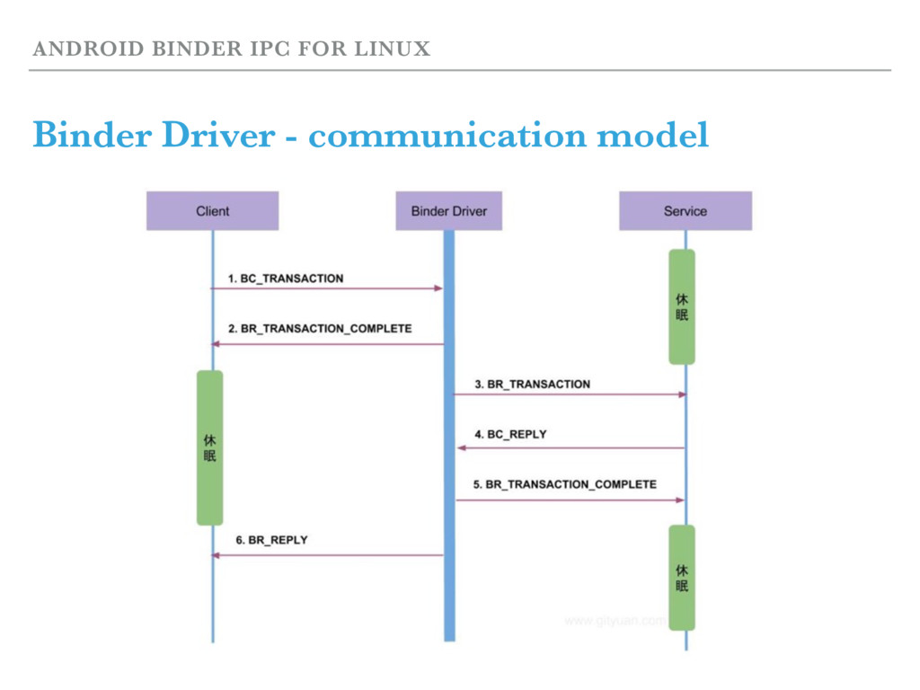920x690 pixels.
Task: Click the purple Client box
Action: pyautogui.click(x=213, y=211)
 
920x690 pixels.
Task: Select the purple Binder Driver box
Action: pyautogui.click(x=448, y=211)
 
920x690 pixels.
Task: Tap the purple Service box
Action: pyautogui.click(x=685, y=211)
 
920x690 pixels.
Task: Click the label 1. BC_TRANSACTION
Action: pyautogui.click(x=285, y=279)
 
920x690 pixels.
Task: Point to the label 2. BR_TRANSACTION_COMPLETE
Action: pyautogui.click(x=318, y=329)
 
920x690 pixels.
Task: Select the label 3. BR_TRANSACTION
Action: pyautogui.click(x=532, y=384)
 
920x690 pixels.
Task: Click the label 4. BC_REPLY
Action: pyautogui.click(x=509, y=434)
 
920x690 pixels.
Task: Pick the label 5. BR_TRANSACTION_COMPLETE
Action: pyautogui.click(x=564, y=484)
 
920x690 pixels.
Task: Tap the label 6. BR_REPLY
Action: pyautogui.click(x=271, y=540)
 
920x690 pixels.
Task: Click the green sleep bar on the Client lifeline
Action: pyautogui.click(x=209, y=447)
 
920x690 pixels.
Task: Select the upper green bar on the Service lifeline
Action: pyautogui.click(x=682, y=306)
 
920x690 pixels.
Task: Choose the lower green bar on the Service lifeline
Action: pyautogui.click(x=682, y=578)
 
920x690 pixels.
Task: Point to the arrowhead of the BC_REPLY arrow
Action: pyautogui.click(x=461, y=447)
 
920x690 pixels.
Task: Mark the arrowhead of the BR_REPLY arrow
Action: pyautogui.click(x=216, y=555)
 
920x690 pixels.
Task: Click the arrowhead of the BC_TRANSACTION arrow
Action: pyautogui.click(x=438, y=288)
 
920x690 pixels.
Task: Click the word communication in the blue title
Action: pyautogui.click(x=447, y=137)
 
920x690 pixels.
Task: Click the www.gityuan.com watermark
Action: pyautogui.click(x=615, y=619)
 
